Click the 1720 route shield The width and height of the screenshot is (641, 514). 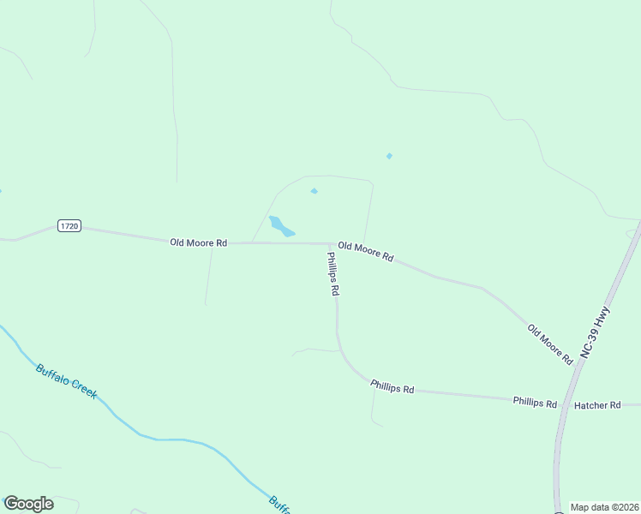(69, 225)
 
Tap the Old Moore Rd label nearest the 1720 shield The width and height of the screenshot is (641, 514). (198, 243)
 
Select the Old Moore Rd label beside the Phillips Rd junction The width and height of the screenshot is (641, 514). (365, 251)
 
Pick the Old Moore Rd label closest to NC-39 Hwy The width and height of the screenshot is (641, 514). (549, 344)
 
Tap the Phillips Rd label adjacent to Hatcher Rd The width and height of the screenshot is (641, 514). (535, 403)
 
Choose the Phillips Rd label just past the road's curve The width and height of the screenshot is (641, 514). (392, 387)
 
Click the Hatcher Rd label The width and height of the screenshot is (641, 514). (597, 405)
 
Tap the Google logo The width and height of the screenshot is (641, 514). (28, 504)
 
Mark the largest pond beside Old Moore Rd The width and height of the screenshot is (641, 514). (281, 226)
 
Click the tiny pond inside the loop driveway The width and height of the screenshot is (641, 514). (314, 191)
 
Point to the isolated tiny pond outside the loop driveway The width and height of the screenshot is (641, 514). (389, 156)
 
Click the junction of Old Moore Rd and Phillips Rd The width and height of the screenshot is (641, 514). (330, 244)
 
